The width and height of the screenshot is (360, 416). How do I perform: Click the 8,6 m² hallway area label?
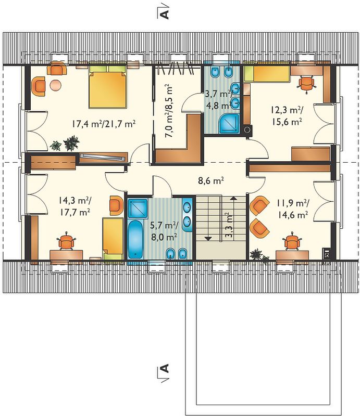pos(210,180)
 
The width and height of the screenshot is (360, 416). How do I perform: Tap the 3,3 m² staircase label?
pos(228,225)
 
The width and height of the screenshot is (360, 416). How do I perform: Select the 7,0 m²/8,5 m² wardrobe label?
pos(169,111)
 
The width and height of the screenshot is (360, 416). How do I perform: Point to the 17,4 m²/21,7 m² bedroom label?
pos(104,124)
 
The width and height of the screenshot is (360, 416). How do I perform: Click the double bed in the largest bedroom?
pos(107,86)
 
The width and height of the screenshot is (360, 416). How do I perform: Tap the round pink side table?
pos(56,85)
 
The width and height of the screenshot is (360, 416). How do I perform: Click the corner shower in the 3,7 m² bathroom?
pos(229,123)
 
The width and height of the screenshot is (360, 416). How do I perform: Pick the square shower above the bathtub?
pos(138,209)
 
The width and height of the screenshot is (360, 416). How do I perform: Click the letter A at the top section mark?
pos(165,14)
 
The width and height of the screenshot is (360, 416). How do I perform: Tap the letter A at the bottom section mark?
pos(165,368)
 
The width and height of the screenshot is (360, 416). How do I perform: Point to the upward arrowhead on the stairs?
pos(233,198)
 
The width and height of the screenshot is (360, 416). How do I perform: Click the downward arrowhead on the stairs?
pos(208,239)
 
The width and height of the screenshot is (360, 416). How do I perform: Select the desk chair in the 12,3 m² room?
pos(306,84)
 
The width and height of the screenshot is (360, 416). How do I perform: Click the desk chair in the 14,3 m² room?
pos(66,241)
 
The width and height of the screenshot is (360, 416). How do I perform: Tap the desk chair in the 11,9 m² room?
pos(292,241)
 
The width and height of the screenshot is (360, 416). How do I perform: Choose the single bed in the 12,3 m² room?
pos(267,73)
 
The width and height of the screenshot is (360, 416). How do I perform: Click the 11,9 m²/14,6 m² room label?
pos(293,209)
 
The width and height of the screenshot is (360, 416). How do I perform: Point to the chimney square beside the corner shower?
pos(247,129)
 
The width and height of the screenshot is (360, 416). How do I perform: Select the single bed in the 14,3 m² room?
pos(113,239)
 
